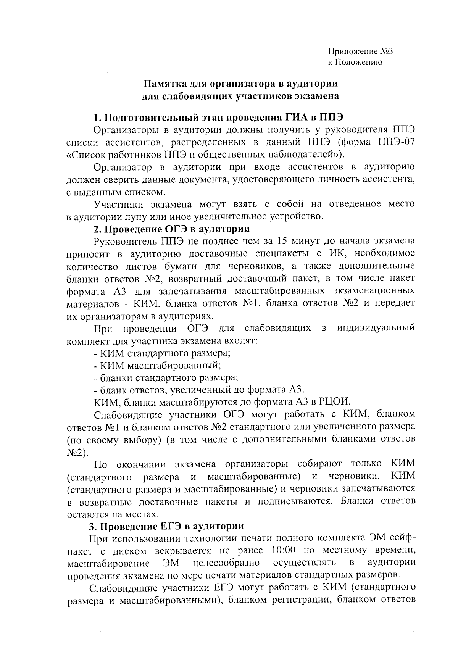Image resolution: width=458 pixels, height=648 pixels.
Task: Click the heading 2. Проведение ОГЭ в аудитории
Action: [172, 229]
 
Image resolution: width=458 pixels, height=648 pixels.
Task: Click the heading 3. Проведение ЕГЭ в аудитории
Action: [166, 526]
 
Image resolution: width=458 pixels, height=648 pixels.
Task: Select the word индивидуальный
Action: [376, 328]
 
